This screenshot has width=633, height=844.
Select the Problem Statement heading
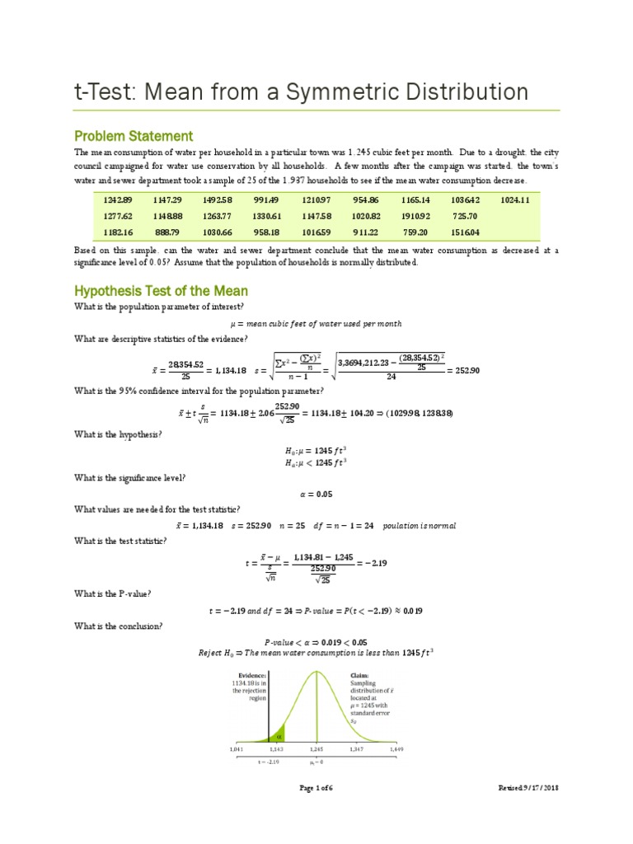point(133,136)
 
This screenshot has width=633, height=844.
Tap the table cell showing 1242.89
point(118,200)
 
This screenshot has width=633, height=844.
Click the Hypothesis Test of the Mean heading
point(161,291)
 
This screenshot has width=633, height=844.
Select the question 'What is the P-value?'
point(113,593)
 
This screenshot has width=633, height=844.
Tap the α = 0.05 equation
point(316,495)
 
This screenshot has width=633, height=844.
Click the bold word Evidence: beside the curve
point(249,674)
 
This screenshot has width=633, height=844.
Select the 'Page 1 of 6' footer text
point(316,789)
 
